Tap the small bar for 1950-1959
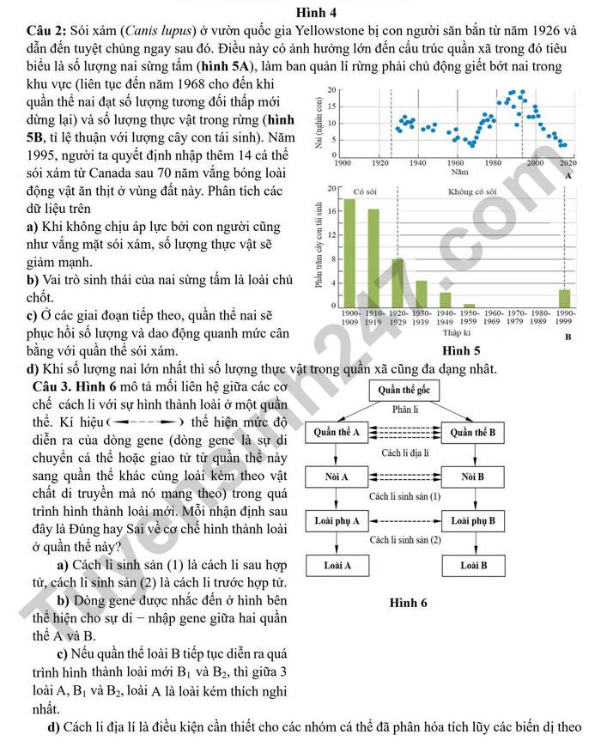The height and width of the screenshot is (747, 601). coord(469,306)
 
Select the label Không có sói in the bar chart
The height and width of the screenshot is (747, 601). coord(475,191)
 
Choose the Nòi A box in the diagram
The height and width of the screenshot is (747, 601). coord(337,477)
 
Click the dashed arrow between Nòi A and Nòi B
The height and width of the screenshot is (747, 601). coord(405,477)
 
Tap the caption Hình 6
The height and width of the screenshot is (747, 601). coord(408,603)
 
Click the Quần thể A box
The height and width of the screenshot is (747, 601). coord(337,432)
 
